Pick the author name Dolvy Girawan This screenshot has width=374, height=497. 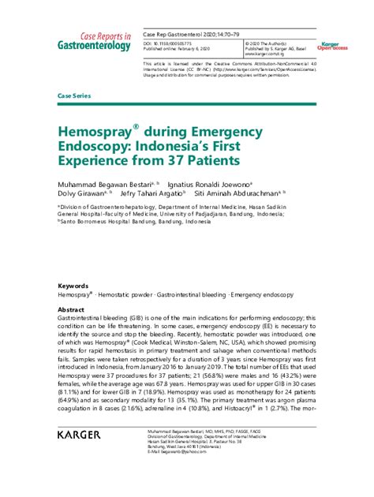[82, 192]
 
